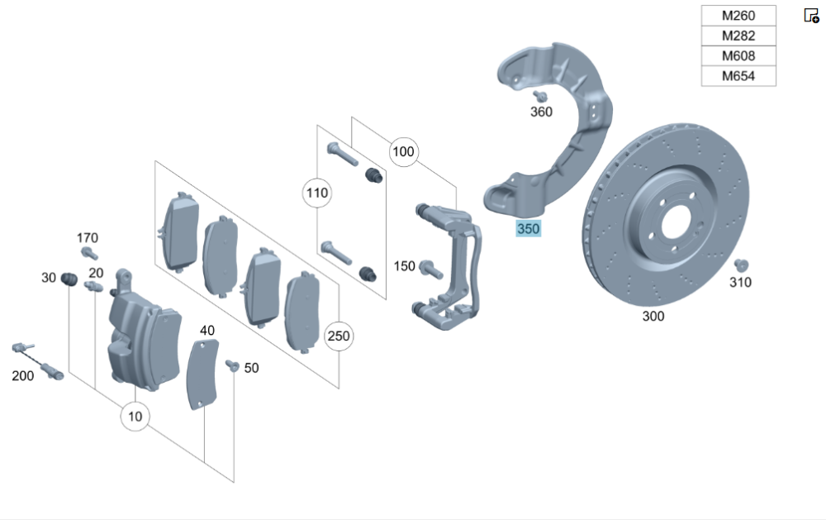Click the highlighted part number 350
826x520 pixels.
point(529,229)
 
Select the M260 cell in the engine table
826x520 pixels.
point(738,16)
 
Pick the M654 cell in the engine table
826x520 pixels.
point(738,76)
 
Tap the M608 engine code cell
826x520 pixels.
point(738,56)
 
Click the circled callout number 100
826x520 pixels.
point(403,152)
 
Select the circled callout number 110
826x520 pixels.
point(316,194)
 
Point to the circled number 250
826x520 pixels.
point(339,336)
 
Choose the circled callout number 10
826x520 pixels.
point(135,417)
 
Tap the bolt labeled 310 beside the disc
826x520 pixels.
point(740,265)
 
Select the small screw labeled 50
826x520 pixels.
point(232,365)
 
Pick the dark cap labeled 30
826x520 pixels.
point(69,278)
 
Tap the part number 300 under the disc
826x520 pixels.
point(653,316)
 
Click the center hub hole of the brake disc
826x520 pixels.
point(674,219)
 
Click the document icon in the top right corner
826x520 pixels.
point(811,15)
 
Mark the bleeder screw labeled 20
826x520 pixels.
point(93,286)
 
